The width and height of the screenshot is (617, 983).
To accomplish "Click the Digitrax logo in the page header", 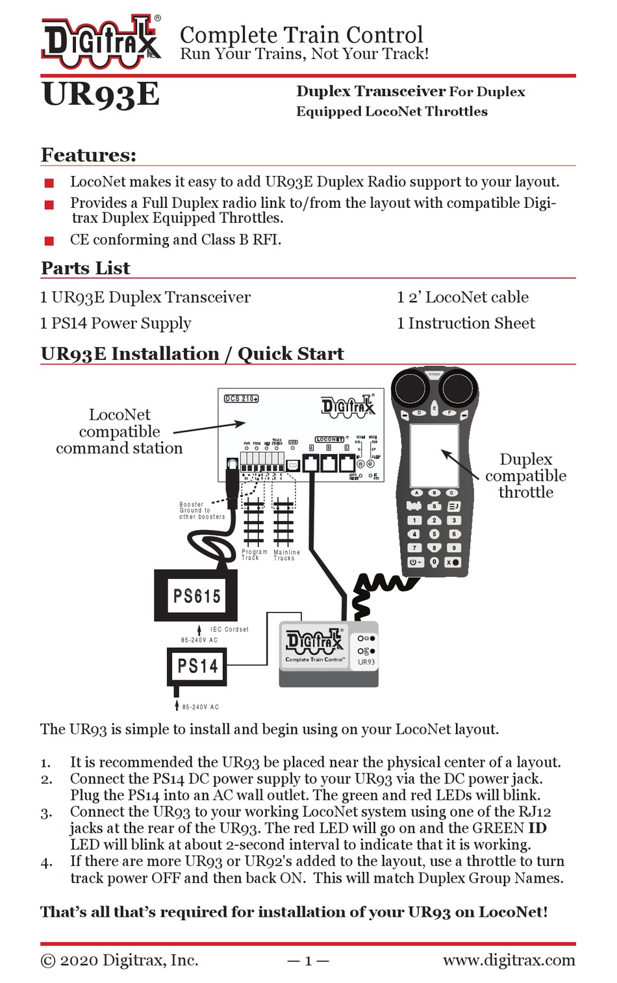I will [x=101, y=41].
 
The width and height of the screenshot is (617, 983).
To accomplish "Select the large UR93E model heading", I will [x=101, y=95].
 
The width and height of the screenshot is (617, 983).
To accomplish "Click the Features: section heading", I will [x=88, y=155].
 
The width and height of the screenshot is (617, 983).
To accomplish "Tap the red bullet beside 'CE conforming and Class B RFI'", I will [x=49, y=241].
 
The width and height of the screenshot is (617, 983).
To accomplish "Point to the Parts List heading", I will [x=85, y=268].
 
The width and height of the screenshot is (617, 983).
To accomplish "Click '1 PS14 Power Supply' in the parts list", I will [x=116, y=324].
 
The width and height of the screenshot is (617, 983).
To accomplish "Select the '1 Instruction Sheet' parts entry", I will [x=466, y=324].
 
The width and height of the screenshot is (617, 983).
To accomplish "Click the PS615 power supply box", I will [x=196, y=595].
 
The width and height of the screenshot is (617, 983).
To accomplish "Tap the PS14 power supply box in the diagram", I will [x=197, y=666].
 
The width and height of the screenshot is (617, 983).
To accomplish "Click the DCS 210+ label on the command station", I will [x=241, y=398].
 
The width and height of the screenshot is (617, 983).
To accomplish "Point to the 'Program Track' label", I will [x=254, y=555].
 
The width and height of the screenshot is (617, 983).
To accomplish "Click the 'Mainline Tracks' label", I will [x=286, y=555].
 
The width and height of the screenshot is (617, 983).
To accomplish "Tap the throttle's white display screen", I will [x=434, y=455].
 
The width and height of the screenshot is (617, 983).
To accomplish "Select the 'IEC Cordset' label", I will [x=229, y=630].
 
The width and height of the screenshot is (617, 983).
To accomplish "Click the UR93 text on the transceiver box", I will [x=366, y=662].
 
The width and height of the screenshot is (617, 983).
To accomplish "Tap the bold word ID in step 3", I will [x=537, y=828].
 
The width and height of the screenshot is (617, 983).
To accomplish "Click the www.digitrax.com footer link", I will [x=509, y=960].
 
